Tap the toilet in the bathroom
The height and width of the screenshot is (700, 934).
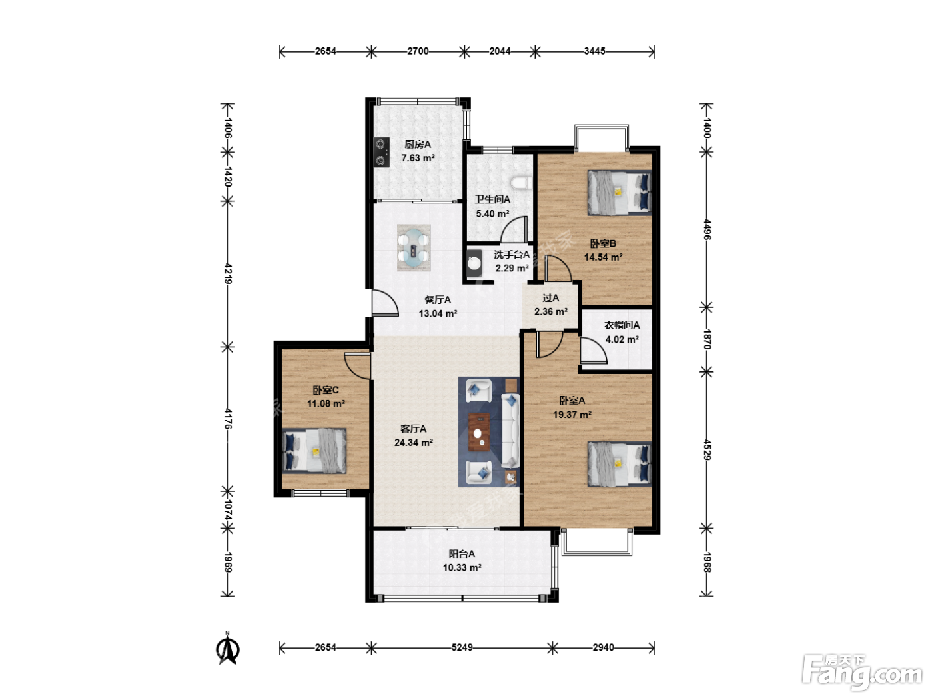pos(521,183)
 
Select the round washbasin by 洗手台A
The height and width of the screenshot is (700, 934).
pos(474,263)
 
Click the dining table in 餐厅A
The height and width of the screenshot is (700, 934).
pos(414,248)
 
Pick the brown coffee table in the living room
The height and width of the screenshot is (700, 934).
pos(480,432)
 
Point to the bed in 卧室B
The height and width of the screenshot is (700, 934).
pos(620,193)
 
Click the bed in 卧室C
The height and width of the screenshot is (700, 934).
pos(314,451)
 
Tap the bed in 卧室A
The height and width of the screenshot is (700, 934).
pos(620,464)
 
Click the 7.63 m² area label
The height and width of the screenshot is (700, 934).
pos(418,158)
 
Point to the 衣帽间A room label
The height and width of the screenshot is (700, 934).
pos(622,325)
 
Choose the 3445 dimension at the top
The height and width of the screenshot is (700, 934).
pos(594,51)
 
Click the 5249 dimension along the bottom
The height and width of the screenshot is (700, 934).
pos(462,647)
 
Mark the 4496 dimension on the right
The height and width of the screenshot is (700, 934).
pos(707,229)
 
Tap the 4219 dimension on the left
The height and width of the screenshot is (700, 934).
pos(228,274)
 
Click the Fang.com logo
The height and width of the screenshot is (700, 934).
pos(862,673)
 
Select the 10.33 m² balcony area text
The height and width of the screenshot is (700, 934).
pos(462,568)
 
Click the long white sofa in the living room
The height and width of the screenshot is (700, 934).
pos(510,430)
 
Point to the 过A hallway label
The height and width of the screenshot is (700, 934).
pos(551,299)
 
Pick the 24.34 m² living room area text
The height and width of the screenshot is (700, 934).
pos(414,443)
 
